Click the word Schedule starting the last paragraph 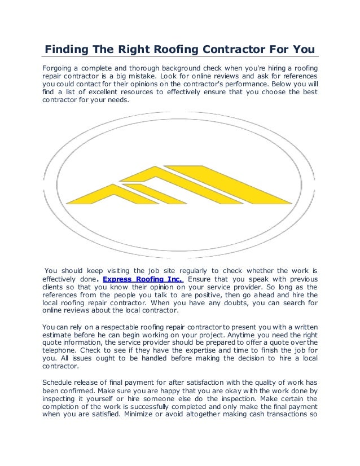(60, 380)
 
